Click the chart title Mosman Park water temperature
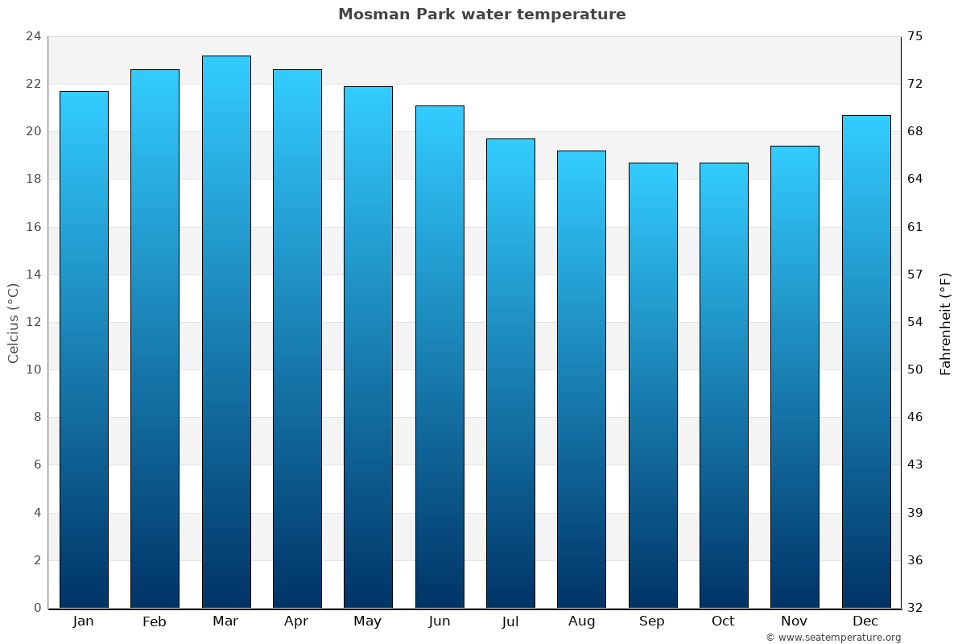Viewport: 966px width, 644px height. (x=481, y=14)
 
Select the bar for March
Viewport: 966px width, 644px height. (x=226, y=332)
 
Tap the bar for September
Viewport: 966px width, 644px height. (x=653, y=385)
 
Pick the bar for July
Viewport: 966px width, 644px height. (x=510, y=373)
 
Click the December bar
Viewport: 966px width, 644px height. (x=866, y=361)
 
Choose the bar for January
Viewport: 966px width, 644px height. (x=84, y=349)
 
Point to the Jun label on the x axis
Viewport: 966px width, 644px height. (x=440, y=621)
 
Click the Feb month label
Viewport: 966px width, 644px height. (x=155, y=621)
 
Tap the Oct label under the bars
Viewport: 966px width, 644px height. (x=723, y=621)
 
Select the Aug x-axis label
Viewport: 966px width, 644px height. (x=581, y=621)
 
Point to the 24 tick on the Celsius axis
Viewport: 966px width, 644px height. (x=33, y=36)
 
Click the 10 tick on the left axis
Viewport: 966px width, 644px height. (x=33, y=369)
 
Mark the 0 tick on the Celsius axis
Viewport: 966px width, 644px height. (x=37, y=608)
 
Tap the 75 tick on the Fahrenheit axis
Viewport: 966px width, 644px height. (x=915, y=36)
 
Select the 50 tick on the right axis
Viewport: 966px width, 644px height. (x=915, y=369)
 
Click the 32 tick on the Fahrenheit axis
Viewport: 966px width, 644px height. (x=915, y=608)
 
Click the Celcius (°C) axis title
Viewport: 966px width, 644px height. (x=13, y=323)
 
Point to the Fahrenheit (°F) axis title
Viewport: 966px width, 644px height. (x=946, y=323)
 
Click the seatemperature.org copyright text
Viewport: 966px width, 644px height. (x=833, y=638)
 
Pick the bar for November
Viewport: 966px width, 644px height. (x=795, y=377)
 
